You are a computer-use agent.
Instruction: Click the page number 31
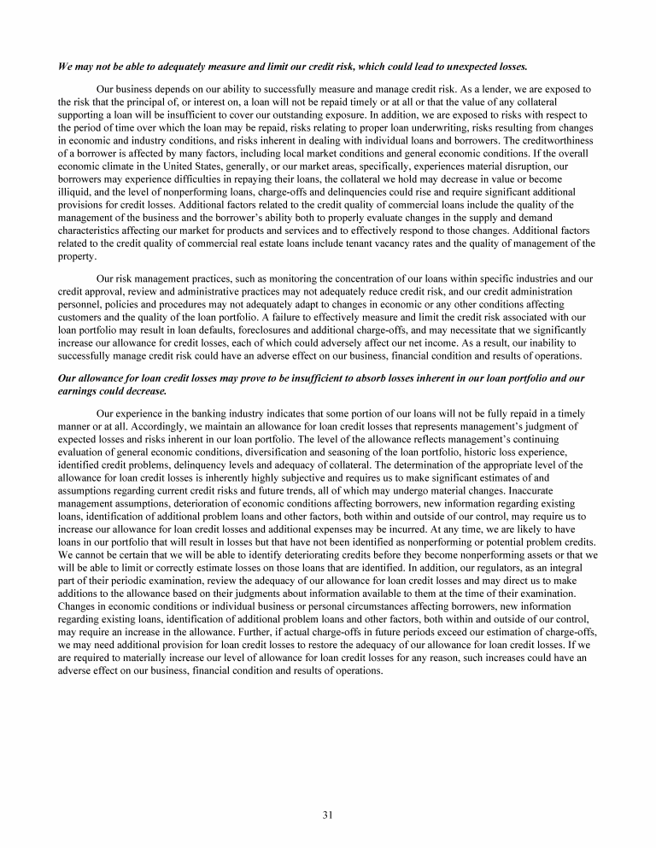pos(327,814)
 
